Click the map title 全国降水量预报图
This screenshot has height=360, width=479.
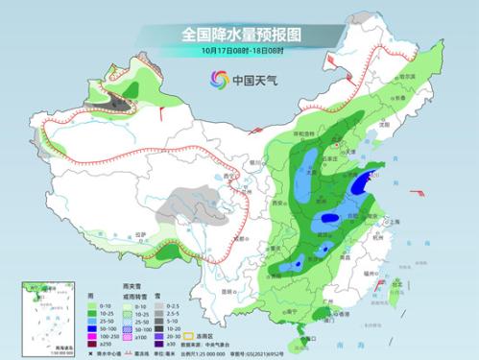tap(239, 34)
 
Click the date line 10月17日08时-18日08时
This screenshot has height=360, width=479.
tap(239, 51)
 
